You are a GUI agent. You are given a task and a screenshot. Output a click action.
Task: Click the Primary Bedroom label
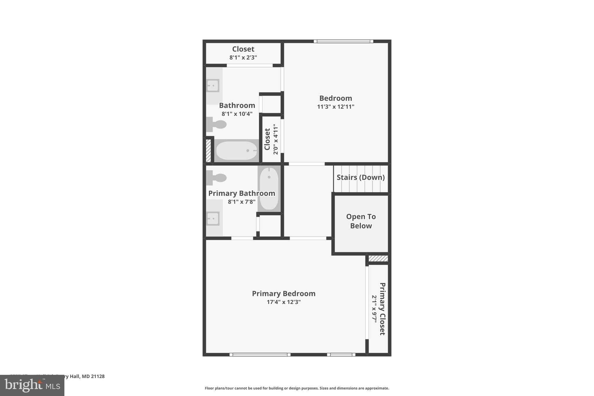coord(283,294)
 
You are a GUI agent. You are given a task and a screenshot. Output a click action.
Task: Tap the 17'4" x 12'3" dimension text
coord(283,302)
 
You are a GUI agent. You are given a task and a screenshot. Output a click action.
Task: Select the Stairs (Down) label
coord(361,177)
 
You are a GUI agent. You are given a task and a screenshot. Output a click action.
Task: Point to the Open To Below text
coord(361,221)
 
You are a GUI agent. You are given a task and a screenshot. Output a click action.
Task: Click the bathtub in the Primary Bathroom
coord(269,188)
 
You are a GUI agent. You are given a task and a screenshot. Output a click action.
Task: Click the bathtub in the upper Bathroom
coord(237,151)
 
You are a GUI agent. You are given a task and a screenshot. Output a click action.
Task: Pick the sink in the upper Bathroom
coord(213,86)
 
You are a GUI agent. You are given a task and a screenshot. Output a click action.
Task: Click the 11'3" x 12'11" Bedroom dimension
coord(336,106)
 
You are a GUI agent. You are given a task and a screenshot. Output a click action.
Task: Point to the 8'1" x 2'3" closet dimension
coord(243,57)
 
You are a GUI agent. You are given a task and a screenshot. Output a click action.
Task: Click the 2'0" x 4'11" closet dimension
coord(275,139)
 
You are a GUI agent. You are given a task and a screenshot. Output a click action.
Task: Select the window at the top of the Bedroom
coord(343,41)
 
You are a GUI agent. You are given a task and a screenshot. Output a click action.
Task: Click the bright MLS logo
coord(32,385)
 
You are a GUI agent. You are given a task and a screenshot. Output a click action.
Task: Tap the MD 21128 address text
coord(93,376)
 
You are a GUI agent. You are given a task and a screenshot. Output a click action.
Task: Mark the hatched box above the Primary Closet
coord(378,258)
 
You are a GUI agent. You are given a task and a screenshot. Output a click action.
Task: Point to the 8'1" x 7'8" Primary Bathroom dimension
coord(241,202)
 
